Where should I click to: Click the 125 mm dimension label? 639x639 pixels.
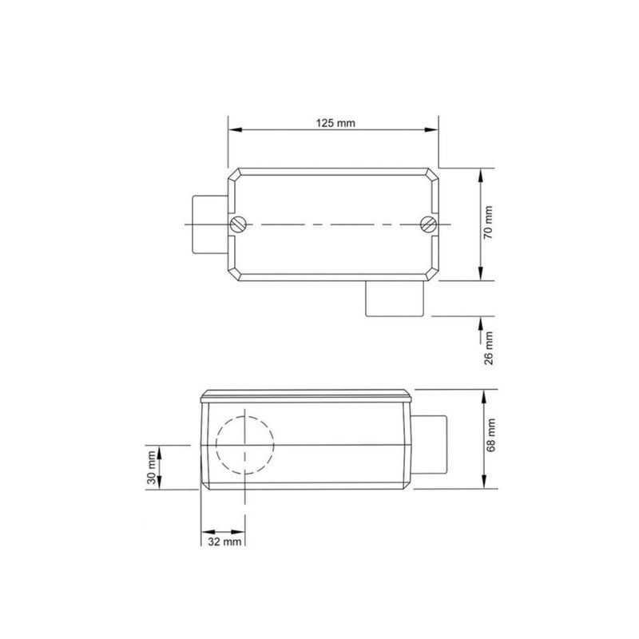(x=335, y=123)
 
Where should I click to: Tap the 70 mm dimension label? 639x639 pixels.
(x=488, y=223)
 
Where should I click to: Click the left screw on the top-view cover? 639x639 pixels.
(x=238, y=224)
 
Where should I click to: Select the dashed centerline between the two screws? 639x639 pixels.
(x=334, y=224)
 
